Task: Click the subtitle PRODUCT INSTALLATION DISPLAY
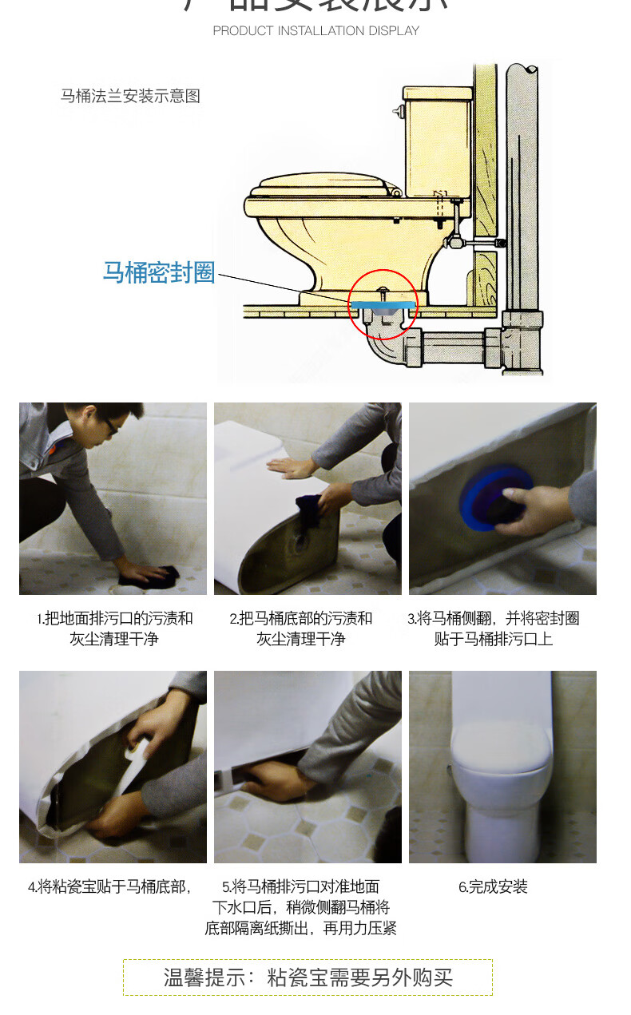tap(315, 30)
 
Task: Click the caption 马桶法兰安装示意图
tap(130, 97)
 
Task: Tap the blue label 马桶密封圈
tap(159, 272)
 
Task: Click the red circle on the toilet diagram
tap(383, 304)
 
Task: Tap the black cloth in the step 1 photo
tap(158, 574)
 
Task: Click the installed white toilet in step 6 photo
tap(502, 779)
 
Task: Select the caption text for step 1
tap(114, 628)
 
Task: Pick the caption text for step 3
tap(494, 628)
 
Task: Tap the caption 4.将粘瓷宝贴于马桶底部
tap(109, 886)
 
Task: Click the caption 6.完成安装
tap(493, 886)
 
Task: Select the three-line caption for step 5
tap(301, 907)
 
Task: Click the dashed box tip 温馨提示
tap(308, 977)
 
